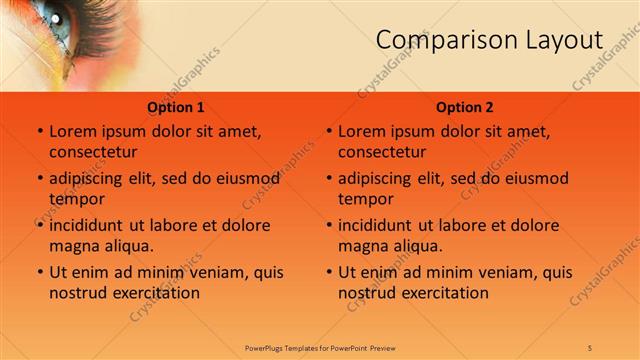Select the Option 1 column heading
coord(176,107)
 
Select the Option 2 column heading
coord(465,107)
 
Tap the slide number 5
coord(591,347)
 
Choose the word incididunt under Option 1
coord(89,225)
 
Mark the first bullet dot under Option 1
coord(40,132)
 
